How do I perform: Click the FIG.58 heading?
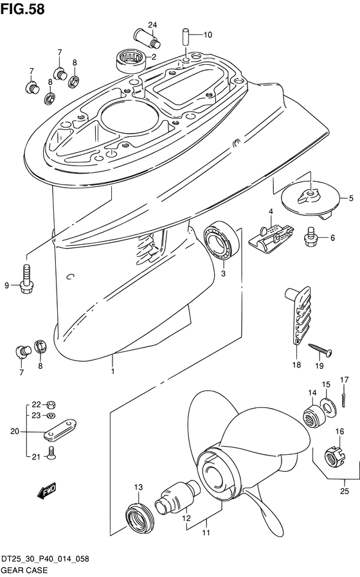pyautogui.click(x=22, y=9)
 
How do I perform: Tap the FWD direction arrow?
pyautogui.click(x=46, y=490)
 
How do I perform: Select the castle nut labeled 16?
pyautogui.click(x=334, y=456)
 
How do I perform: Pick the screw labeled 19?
pyautogui.click(x=320, y=349)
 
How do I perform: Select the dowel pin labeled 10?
pyautogui.click(x=186, y=37)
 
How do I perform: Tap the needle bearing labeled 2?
pyautogui.click(x=130, y=61)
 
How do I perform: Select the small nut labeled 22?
pyautogui.click(x=51, y=405)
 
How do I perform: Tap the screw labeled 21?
pyautogui.click(x=51, y=452)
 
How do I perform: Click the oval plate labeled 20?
pyautogui.click(x=60, y=430)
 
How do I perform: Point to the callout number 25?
pyautogui.click(x=344, y=492)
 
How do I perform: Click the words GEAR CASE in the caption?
pyautogui.click(x=24, y=571)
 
